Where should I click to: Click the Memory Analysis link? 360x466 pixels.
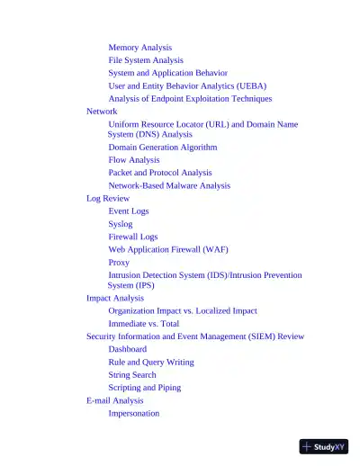tap(139, 47)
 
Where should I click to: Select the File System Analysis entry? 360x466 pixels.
tap(146, 60)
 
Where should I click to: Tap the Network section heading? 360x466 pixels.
tap(102, 111)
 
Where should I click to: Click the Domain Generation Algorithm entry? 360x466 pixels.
tap(162, 147)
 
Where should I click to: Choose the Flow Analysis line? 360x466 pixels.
tap(134, 160)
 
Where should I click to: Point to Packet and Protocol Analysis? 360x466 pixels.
tap(160, 173)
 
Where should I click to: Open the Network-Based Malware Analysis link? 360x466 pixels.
tap(169, 185)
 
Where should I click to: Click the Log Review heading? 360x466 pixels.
tap(108, 198)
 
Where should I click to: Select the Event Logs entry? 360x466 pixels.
tap(129, 211)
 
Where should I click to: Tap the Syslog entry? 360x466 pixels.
tap(121, 224)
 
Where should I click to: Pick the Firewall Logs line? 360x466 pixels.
tap(133, 237)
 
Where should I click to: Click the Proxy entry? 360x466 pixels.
tap(119, 263)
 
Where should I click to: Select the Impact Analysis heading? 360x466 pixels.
tap(115, 298)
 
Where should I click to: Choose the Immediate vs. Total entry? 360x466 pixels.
tap(144, 323)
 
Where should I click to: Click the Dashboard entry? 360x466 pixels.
tap(128, 349)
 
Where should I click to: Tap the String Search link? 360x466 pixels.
tap(132, 374)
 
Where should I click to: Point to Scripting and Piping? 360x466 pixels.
tap(145, 388)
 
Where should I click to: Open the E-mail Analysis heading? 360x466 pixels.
tap(115, 400)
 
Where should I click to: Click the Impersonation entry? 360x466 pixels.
tap(134, 414)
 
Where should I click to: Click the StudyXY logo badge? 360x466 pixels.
tap(324, 446)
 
